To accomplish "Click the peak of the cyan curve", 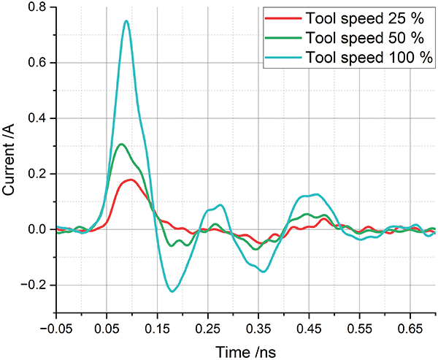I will click(127, 21).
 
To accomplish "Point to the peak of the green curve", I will click(121, 144).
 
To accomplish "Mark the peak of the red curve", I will click(130, 179).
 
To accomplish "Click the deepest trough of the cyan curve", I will click(172, 291).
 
